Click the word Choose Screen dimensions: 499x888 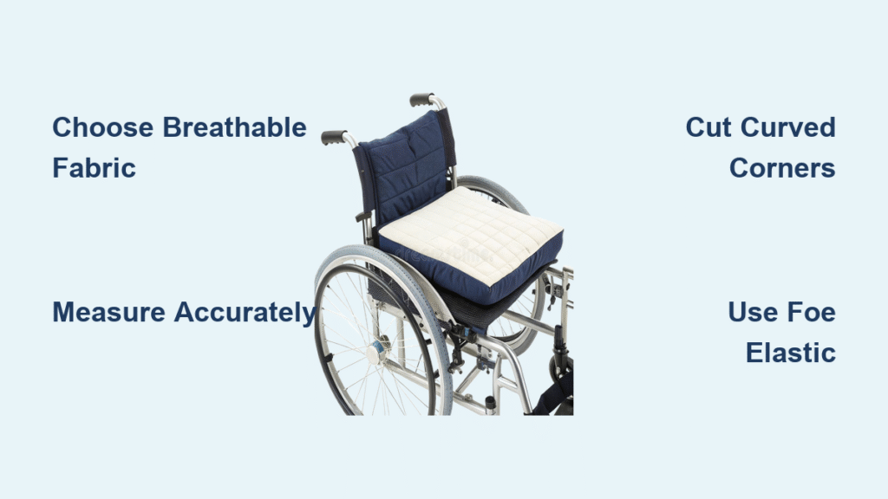104,128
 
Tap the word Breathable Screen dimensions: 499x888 235,128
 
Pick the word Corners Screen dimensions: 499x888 782,167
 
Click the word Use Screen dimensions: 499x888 751,312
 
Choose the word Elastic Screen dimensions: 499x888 790,352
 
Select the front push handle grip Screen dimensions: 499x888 334,138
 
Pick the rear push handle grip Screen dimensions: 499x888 422,99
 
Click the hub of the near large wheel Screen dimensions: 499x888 376,352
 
